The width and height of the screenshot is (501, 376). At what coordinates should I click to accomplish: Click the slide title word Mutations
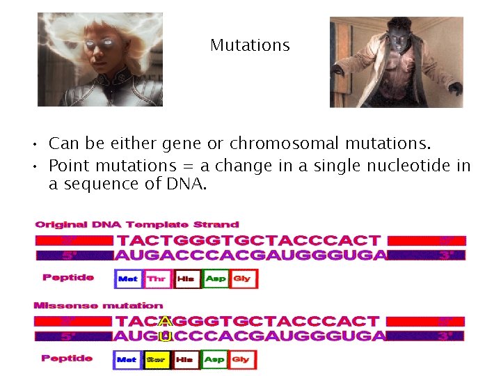pos(250,46)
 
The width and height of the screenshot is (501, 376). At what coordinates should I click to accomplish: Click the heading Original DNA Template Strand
pos(137,225)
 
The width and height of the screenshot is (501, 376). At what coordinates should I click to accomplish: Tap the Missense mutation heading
pos(99,305)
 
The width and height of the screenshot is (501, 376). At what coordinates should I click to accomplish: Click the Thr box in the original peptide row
pos(157,279)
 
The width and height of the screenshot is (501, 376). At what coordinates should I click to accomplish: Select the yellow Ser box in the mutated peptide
pos(156,360)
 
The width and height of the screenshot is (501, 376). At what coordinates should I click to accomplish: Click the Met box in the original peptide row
pos(127,279)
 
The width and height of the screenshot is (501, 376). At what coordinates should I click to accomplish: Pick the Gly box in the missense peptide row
pos(241,360)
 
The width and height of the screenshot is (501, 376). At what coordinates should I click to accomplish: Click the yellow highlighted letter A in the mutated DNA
pos(165,322)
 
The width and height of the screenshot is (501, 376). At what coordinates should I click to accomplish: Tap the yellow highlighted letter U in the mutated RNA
pos(165,336)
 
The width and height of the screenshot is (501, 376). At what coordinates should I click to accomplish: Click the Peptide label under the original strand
pos(68,277)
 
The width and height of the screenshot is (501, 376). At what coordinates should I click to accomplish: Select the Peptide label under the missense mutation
pos(67,358)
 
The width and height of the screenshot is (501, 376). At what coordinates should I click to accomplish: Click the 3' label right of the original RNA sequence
pos(446,255)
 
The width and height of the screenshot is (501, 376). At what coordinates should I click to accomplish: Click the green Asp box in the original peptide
pos(216,279)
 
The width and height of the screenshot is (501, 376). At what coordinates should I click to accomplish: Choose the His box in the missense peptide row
pos(185,360)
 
